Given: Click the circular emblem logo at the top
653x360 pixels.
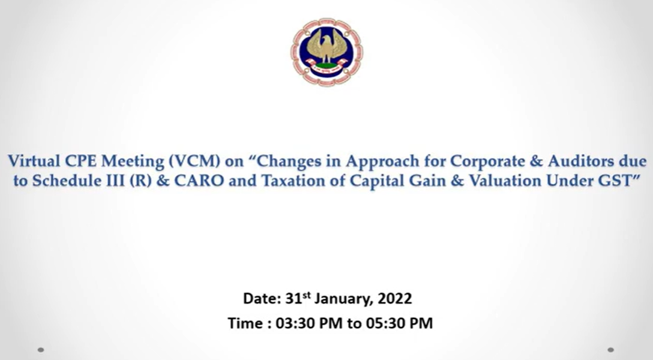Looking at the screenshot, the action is pos(326,52).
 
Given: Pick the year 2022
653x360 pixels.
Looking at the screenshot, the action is pos(395,298).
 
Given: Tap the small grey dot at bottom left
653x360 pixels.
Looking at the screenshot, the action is pos(40,350).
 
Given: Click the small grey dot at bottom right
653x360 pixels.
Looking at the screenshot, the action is pos(611,350).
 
